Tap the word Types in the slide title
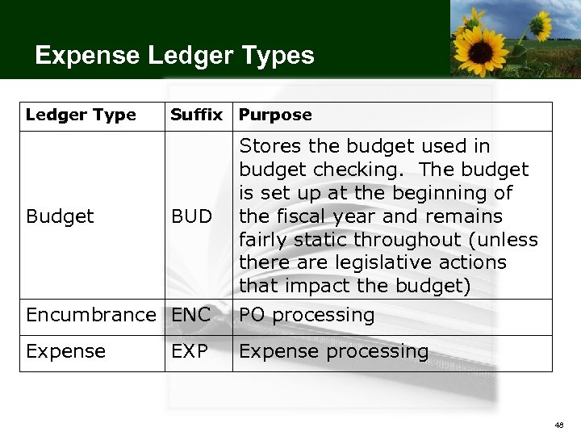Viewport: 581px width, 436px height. point(283,57)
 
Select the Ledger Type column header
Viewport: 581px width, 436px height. point(81,115)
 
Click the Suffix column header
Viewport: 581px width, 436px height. point(196,115)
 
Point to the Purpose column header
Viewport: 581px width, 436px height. point(275,115)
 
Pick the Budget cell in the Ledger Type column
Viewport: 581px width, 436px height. point(60,216)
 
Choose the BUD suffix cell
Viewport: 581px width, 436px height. point(191,216)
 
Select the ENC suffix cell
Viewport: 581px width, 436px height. point(190,315)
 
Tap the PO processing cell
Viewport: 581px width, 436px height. point(307,315)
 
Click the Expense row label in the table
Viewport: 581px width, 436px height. point(65,351)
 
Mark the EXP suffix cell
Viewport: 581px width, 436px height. point(190,351)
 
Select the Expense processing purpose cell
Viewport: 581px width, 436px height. point(333,351)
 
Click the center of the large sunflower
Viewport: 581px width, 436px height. point(481,50)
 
